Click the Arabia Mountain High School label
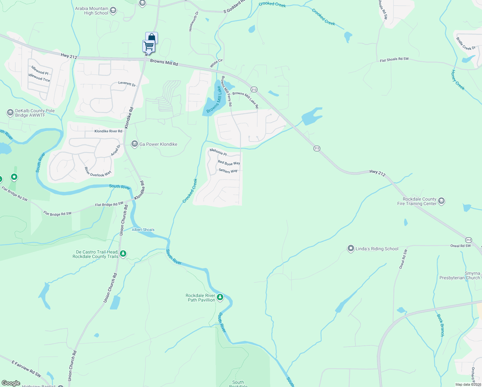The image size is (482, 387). coord(92,11)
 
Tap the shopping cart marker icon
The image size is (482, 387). coord(149,46)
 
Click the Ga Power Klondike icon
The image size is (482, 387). coord(134,144)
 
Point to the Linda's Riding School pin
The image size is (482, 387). coord(351,249)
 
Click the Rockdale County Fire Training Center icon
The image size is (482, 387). coord(441,201)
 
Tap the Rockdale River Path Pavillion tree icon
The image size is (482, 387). coord(220,297)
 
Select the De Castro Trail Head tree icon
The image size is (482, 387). coord(123,254)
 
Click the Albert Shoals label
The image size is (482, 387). coord(143,230)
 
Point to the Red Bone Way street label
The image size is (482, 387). coord(229,163)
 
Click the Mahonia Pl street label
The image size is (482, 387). coord(218,152)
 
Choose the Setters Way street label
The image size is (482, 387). coord(228,171)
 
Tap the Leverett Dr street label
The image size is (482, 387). coord(127,84)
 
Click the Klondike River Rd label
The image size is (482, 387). coord(108,131)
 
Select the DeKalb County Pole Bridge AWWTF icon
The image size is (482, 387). coord(10,113)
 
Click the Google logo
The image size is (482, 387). coord(11,383)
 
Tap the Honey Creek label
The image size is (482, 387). coord(458,80)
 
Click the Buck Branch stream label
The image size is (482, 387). coord(440,325)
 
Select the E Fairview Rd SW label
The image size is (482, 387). coord(26,369)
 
